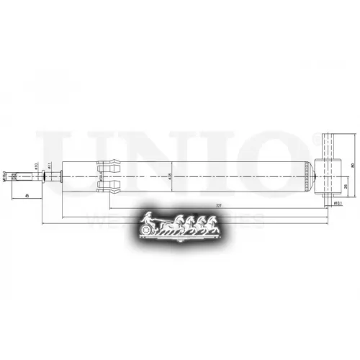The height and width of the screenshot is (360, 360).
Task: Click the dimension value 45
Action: pyautogui.click(x=27, y=196)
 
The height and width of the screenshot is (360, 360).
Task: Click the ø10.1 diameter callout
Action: pyautogui.click(x=336, y=204)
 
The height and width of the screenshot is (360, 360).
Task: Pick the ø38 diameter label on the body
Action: pyautogui.click(x=169, y=175)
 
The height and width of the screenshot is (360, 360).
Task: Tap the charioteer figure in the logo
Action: pyautogui.click(x=148, y=220)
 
